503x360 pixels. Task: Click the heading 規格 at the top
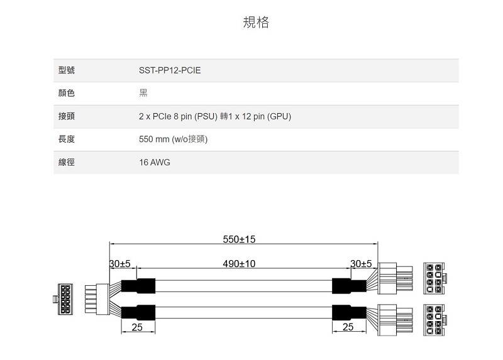tap(256, 22)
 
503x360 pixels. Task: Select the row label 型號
tap(67, 70)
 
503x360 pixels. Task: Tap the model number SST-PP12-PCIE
tap(170, 70)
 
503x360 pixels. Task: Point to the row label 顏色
tap(67, 93)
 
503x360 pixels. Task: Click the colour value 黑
tap(143, 93)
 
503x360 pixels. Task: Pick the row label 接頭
tap(67, 116)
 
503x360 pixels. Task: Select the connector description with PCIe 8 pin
tap(215, 116)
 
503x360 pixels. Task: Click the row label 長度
tap(67, 139)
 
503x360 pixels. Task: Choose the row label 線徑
tap(67, 162)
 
